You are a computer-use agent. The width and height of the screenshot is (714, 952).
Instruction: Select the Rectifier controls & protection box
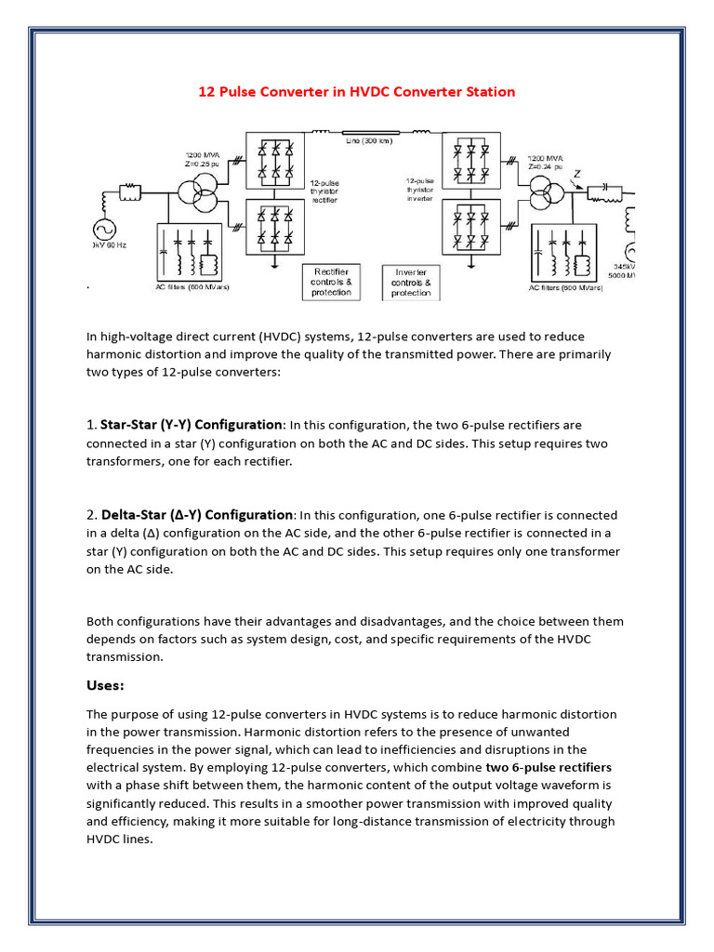click(x=331, y=282)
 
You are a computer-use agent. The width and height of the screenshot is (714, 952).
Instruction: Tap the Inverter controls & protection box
click(x=411, y=283)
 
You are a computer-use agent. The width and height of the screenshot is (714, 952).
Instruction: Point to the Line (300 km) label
click(x=367, y=140)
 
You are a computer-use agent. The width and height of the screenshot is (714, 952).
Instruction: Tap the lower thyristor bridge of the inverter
click(x=469, y=226)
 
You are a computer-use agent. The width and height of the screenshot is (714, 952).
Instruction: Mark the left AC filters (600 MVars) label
click(x=192, y=287)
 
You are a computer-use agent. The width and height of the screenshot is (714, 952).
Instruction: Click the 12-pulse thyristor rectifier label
click(x=324, y=191)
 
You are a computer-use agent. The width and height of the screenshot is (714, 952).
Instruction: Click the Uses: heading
click(x=105, y=685)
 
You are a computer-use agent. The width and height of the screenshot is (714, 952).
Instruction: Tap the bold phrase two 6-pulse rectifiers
click(x=549, y=767)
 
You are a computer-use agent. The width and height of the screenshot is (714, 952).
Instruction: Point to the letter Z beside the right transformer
click(x=578, y=174)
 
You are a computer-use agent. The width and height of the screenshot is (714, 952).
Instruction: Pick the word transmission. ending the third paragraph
click(x=125, y=656)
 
